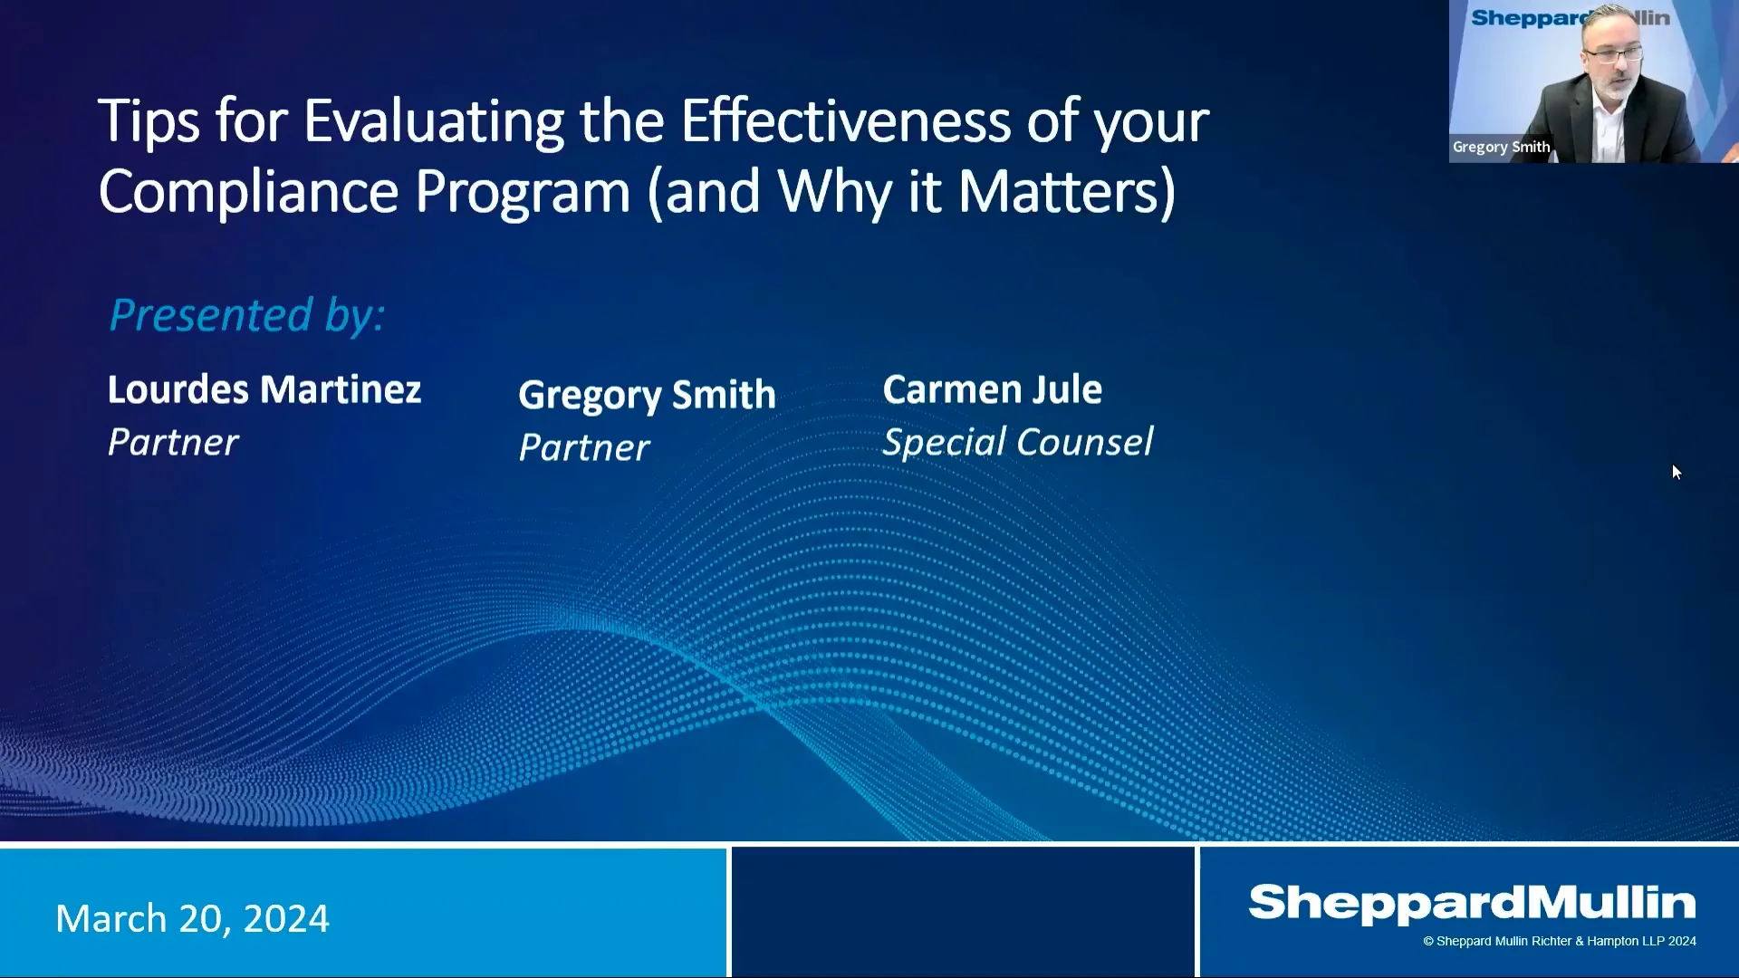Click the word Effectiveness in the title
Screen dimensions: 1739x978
[x=846, y=120]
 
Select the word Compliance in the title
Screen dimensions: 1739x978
[x=248, y=192]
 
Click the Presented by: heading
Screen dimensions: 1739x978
[x=247, y=315]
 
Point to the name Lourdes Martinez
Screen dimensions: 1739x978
[x=264, y=389]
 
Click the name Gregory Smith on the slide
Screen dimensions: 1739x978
[x=647, y=396]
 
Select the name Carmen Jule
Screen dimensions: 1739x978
[x=993, y=389]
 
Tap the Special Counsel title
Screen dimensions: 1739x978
[x=1018, y=442]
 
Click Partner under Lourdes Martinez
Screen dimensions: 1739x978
[x=173, y=442]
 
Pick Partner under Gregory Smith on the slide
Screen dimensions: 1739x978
[x=584, y=447]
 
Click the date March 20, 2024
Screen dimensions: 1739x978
[x=192, y=918]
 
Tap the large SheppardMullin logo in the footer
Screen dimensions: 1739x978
[x=1472, y=904]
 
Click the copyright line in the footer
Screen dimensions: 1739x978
[x=1560, y=942]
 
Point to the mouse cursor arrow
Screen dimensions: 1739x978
[x=1677, y=472]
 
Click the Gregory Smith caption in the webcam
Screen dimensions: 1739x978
[x=1501, y=147]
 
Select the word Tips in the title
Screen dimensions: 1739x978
[x=149, y=122]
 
